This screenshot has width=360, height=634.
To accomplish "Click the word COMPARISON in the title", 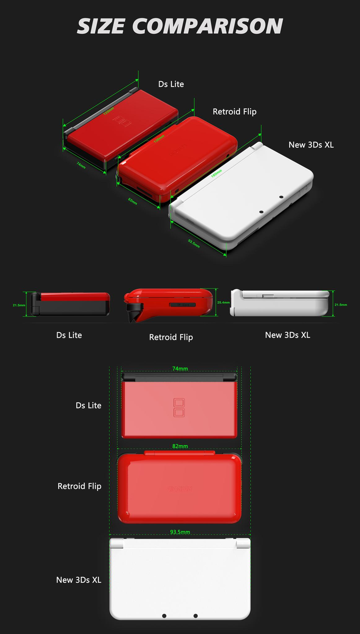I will tap(208, 26).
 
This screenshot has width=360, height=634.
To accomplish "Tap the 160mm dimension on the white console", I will tap(217, 174).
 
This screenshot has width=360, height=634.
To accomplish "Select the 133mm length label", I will tap(108, 111).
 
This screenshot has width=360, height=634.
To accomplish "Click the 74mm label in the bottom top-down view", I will tap(180, 369).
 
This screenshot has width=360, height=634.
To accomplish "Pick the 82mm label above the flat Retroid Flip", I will tap(180, 446).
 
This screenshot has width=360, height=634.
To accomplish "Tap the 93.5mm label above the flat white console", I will tap(180, 532).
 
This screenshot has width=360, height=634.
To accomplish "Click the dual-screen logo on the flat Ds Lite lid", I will tap(179, 407).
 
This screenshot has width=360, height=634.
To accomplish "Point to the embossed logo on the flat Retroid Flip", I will tap(180, 489).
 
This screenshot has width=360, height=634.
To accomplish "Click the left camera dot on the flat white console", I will tap(164, 616).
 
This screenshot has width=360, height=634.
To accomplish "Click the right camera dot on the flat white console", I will tap(196, 616).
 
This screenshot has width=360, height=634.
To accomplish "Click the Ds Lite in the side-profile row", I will tap(71, 304).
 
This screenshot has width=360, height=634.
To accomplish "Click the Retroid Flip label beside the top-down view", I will tap(79, 486).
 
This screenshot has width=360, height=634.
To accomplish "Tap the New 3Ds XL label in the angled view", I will tap(311, 145).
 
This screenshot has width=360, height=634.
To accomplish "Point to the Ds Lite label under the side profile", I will tap(69, 335).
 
